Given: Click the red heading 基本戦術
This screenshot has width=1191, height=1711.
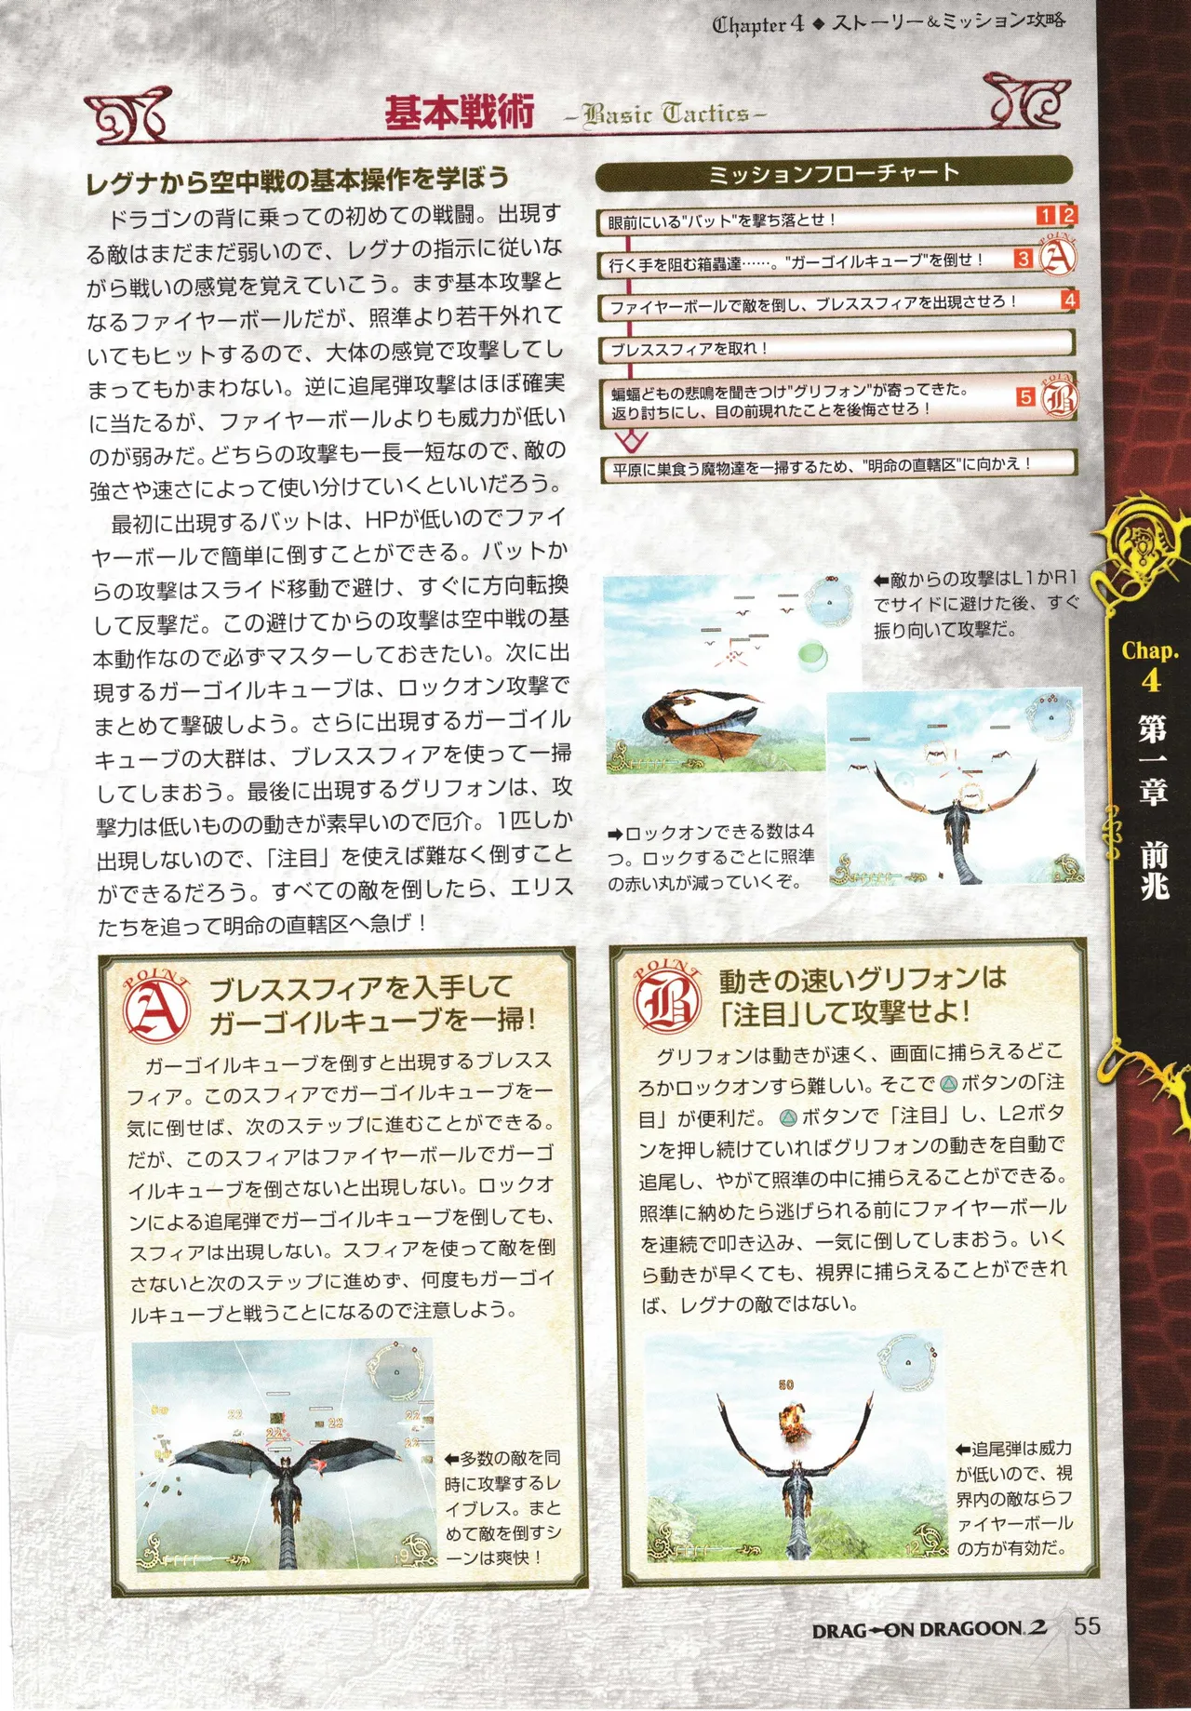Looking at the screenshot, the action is [460, 113].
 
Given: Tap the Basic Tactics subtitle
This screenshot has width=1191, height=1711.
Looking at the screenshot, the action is [665, 114].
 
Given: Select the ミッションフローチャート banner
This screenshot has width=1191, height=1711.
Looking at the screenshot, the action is [834, 173].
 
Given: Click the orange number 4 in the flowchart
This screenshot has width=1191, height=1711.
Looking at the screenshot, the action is [1070, 301].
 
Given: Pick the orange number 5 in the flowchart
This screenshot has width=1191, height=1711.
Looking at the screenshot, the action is [1025, 397].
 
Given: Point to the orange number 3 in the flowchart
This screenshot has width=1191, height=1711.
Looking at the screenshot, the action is [1024, 260].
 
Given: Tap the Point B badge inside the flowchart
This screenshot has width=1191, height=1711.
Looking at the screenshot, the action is [1058, 397].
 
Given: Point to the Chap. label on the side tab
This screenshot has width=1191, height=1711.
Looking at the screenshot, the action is [1150, 651].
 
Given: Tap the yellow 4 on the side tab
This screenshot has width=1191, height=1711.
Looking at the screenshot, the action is [1151, 681].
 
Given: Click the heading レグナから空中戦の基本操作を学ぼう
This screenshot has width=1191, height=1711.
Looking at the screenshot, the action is [298, 180].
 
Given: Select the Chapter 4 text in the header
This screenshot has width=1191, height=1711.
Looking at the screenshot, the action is [758, 25].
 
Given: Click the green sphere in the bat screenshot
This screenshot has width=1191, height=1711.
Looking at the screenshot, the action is [812, 655].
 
